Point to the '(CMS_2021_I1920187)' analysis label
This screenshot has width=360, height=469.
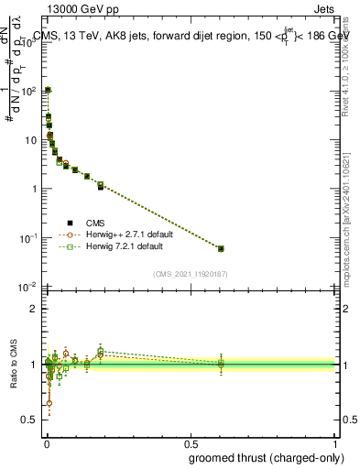click(191, 273)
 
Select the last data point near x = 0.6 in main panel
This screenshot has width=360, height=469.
click(220, 248)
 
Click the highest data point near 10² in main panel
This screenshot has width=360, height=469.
click(48, 91)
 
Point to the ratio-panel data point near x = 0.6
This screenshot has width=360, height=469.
click(220, 365)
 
